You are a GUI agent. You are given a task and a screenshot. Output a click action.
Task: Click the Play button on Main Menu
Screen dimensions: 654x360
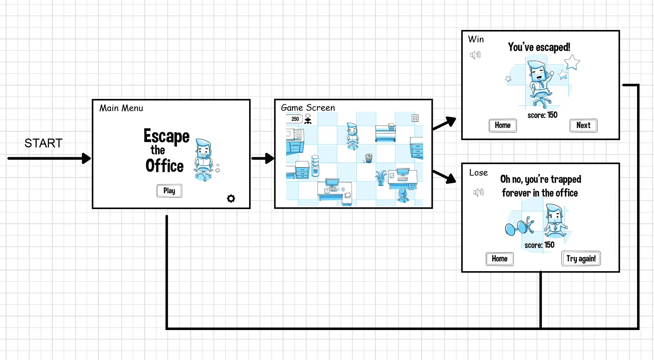coord(169,191)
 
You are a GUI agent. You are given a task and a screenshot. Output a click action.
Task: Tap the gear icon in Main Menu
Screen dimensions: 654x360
coord(231,199)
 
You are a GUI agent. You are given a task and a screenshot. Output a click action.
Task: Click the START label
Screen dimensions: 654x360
coord(43,143)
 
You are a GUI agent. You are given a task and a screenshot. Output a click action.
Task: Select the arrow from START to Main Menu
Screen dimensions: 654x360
coord(49,158)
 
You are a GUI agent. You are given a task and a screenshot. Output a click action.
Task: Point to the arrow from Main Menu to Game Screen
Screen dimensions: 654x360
coord(263,158)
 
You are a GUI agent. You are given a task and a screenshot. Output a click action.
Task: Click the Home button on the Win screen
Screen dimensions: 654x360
coord(502,126)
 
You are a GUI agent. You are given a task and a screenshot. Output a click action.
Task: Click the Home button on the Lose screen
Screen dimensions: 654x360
coord(500,259)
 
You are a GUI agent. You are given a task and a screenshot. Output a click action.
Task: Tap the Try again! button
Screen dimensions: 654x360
coord(581,258)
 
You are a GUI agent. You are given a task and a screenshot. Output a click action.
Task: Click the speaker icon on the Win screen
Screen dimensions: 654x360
coord(475,55)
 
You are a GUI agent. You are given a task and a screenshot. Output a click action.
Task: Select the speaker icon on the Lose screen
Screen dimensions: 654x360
coord(479,192)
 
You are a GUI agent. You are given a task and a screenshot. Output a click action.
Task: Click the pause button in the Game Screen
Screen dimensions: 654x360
coord(415,118)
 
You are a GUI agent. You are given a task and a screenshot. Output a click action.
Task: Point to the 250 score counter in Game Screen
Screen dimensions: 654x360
coord(295,119)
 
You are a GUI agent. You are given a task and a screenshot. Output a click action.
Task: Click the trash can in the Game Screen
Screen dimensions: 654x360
coord(369,158)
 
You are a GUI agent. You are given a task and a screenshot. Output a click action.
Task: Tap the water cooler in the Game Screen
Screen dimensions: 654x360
coord(315,166)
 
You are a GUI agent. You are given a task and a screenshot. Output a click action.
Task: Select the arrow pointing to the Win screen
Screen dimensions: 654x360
coord(444,123)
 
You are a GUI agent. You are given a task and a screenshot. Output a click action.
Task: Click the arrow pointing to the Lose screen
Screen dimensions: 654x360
coord(444,177)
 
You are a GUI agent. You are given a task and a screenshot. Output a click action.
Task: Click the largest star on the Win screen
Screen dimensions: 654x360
coord(572,63)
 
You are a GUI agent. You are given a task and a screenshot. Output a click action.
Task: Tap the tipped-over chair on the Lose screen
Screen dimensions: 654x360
coord(520,226)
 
